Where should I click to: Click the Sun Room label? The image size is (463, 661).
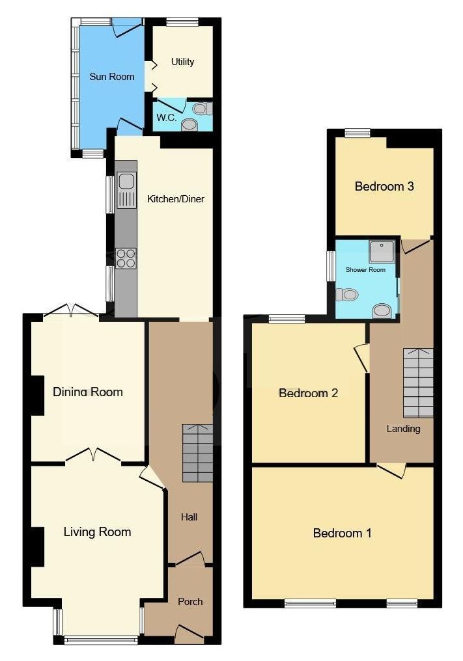[x=112, y=77]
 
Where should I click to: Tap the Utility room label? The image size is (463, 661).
[x=182, y=62]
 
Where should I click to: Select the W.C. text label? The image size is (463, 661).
[x=166, y=118]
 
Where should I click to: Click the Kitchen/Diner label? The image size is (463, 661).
[x=176, y=199]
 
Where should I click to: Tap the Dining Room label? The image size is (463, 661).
[x=88, y=392]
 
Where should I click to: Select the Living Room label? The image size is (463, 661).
[x=97, y=532]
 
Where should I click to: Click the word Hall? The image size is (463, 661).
[x=189, y=517]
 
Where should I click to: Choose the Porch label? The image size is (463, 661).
[x=190, y=602]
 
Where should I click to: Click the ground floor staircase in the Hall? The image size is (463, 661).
[x=197, y=453]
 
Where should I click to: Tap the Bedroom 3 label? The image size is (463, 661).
[x=384, y=186]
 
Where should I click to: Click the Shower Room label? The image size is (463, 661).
[x=365, y=270]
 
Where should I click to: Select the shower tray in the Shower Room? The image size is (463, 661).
[x=382, y=252]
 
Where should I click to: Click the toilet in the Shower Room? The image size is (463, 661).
[x=347, y=294]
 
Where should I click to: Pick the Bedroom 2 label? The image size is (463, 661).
[x=308, y=393]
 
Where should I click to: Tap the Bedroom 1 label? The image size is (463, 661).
[x=343, y=533]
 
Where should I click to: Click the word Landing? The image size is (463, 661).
[x=404, y=429]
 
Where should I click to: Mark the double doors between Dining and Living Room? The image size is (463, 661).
[x=93, y=455]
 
